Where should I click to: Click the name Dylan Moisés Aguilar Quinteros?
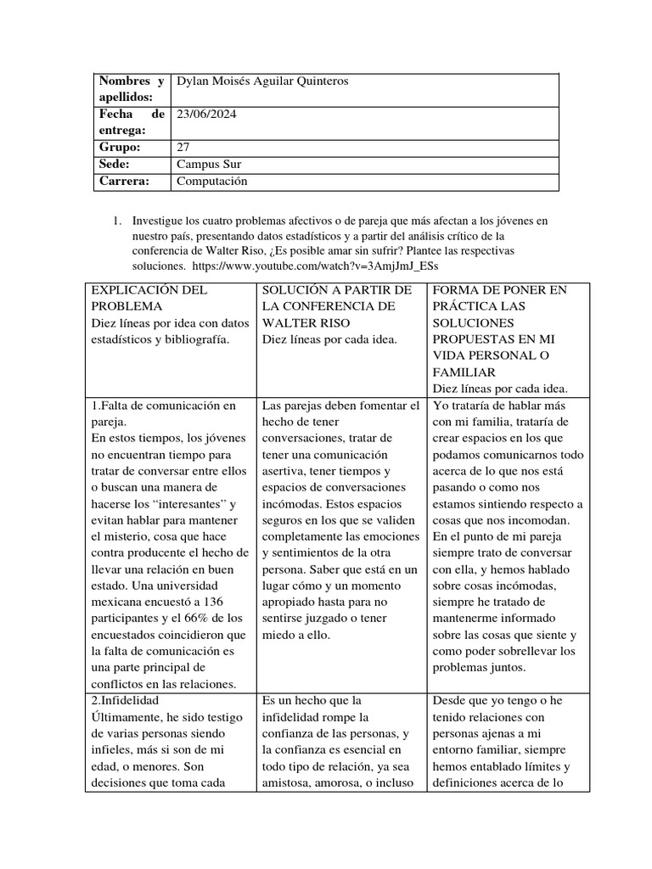coord(261,81)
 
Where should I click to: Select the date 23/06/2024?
coord(207,114)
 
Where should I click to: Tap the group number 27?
coord(183,147)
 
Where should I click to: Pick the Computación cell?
coord(211,181)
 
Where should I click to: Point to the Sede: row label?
coord(116,164)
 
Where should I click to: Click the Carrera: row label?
coord(124,181)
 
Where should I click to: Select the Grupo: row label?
coord(121,147)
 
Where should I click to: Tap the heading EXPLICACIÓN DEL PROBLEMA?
coord(149,298)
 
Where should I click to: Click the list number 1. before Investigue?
coord(118,221)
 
